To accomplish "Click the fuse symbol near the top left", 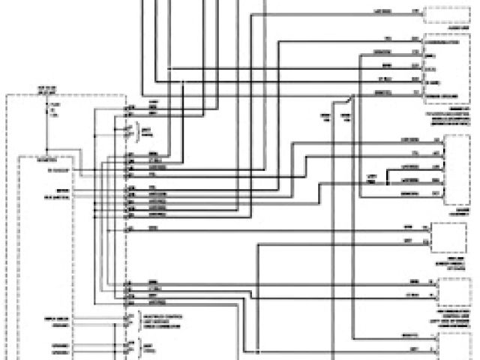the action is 51,112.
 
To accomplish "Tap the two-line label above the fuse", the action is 50,91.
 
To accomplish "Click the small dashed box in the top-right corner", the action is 447,15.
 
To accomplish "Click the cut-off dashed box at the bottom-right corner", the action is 458,346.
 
